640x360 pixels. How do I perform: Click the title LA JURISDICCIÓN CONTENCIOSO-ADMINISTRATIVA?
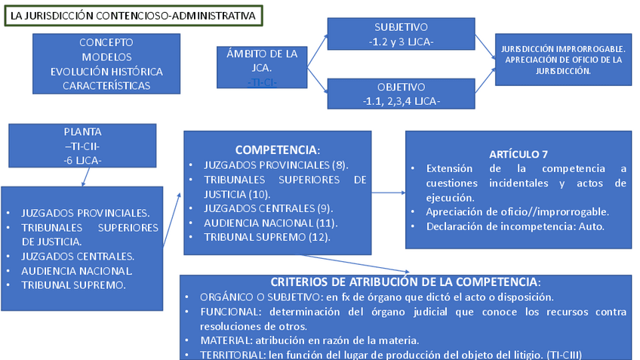point(133,14)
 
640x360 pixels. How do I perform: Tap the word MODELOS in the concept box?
point(106,57)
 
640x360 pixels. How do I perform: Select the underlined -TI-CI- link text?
point(262,82)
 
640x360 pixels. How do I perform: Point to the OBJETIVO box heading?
point(401,87)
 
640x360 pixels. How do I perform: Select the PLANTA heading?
point(82,131)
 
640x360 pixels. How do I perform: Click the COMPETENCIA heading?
point(278,150)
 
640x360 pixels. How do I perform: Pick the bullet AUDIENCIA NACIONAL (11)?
point(271,223)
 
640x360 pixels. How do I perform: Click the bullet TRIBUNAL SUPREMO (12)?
point(267,237)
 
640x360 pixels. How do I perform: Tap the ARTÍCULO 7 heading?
point(518,154)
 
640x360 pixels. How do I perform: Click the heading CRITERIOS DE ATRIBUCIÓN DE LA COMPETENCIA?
point(405,282)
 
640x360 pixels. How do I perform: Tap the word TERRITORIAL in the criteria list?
point(230,355)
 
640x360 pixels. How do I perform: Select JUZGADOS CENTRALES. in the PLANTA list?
point(78,256)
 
